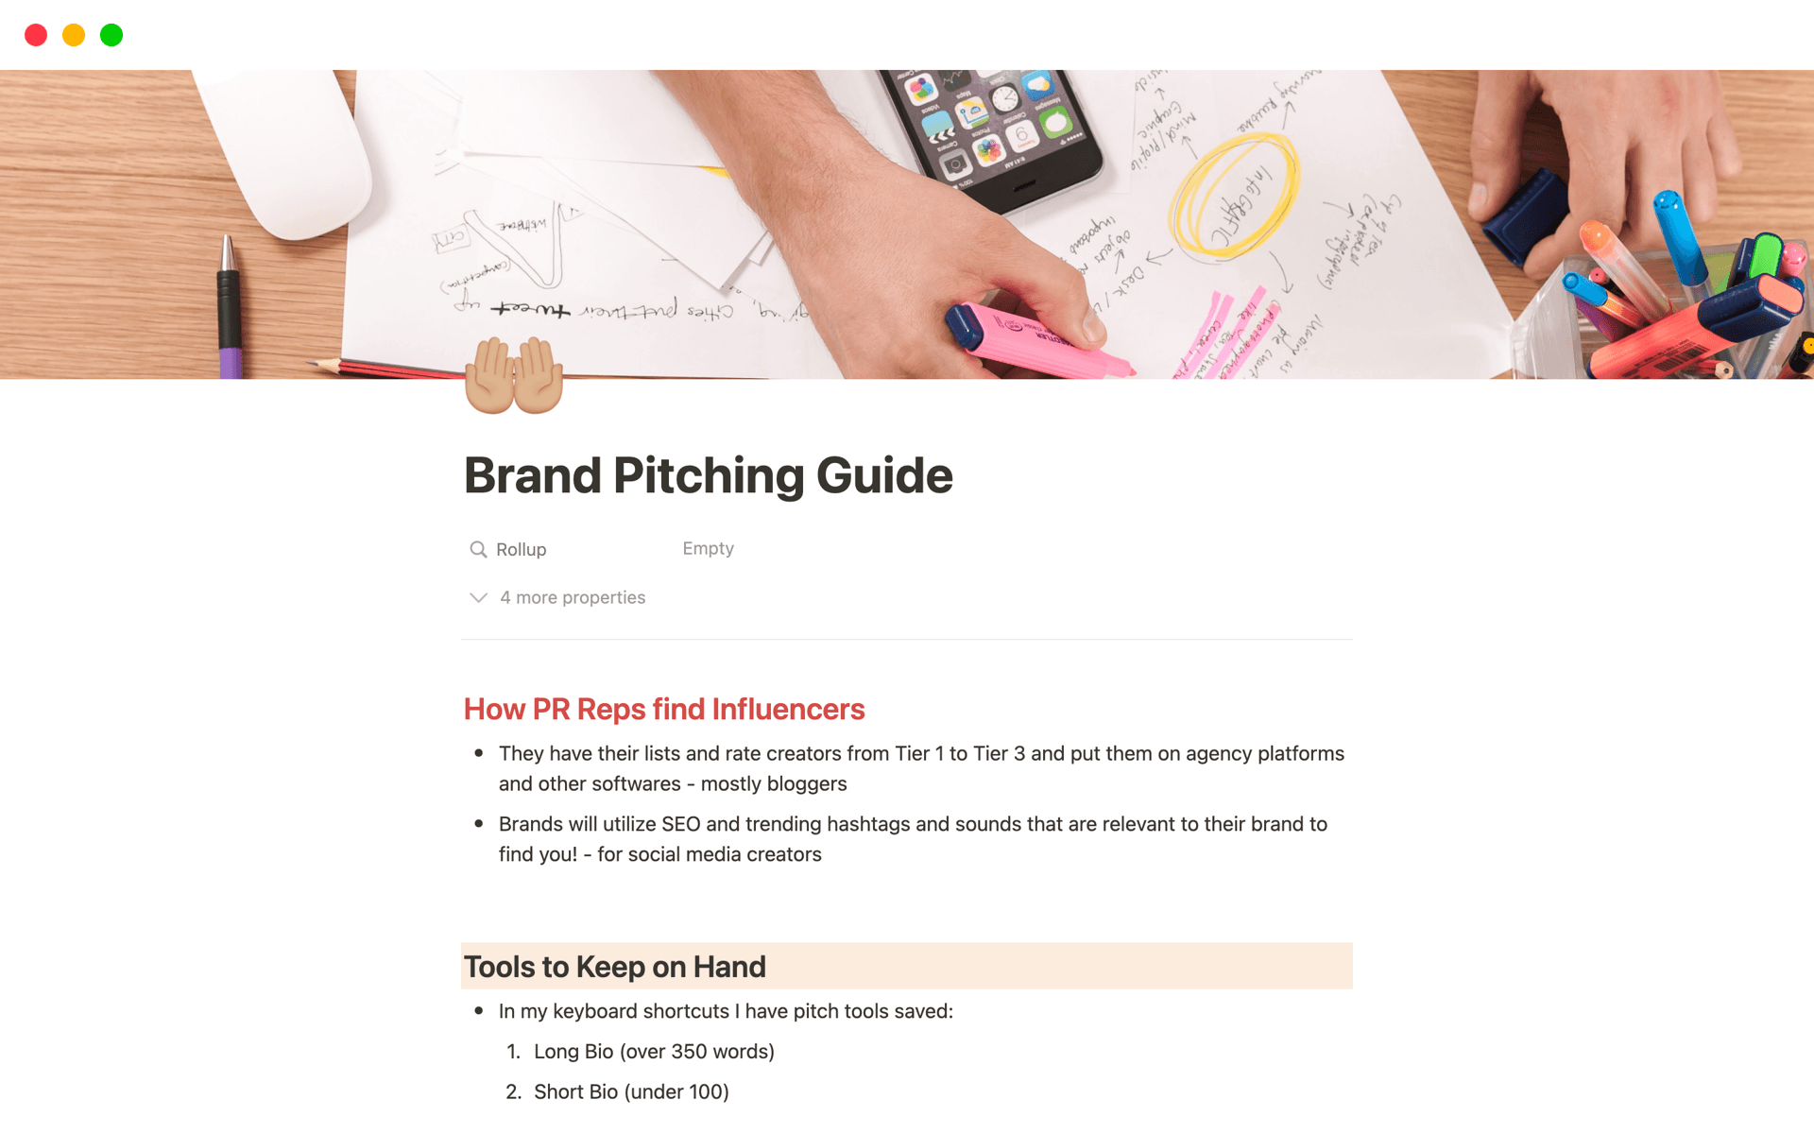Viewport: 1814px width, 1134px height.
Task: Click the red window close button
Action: (x=36, y=36)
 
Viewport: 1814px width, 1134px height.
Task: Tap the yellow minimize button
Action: (x=74, y=36)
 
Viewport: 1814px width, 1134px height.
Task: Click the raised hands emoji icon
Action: (x=514, y=375)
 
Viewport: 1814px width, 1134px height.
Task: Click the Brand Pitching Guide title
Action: (x=708, y=475)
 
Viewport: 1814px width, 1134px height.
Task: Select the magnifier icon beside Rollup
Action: (x=478, y=550)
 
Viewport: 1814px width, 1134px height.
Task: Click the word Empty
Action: (x=708, y=549)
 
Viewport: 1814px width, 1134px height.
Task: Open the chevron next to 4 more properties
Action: (x=478, y=598)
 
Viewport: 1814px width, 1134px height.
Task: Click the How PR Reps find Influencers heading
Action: (x=663, y=710)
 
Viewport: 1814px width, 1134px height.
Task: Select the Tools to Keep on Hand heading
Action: (x=614, y=967)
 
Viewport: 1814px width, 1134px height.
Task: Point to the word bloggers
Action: (x=808, y=784)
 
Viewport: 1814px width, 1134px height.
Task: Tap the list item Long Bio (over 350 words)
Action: (x=654, y=1052)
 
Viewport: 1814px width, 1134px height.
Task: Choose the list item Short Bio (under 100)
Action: (x=631, y=1092)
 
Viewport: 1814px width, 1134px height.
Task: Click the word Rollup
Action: (x=521, y=550)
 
